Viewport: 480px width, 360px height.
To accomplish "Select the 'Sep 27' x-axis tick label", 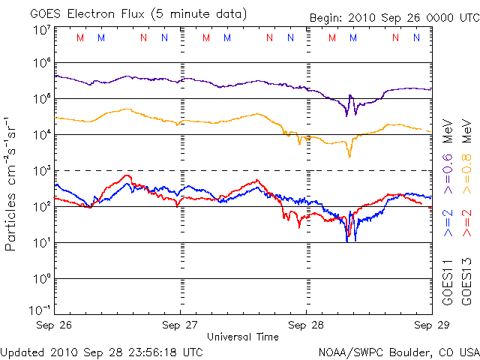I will click(181, 325).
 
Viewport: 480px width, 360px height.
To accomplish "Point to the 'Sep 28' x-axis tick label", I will click(305, 325).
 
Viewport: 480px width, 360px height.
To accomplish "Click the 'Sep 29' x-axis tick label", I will click(428, 325).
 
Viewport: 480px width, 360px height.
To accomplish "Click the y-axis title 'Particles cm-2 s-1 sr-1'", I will click(13, 184).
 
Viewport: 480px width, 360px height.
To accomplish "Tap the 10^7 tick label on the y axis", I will click(42, 30).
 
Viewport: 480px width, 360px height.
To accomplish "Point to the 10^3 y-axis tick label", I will click(42, 171).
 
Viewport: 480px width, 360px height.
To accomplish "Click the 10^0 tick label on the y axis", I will click(42, 279).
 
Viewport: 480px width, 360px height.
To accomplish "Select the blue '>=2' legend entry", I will click(448, 223).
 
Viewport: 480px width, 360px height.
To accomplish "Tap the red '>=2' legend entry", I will click(466, 223).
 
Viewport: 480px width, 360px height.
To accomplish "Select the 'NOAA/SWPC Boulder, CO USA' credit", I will click(398, 352).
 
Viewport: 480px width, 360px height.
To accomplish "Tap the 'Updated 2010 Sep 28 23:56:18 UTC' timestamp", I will click(102, 352).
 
